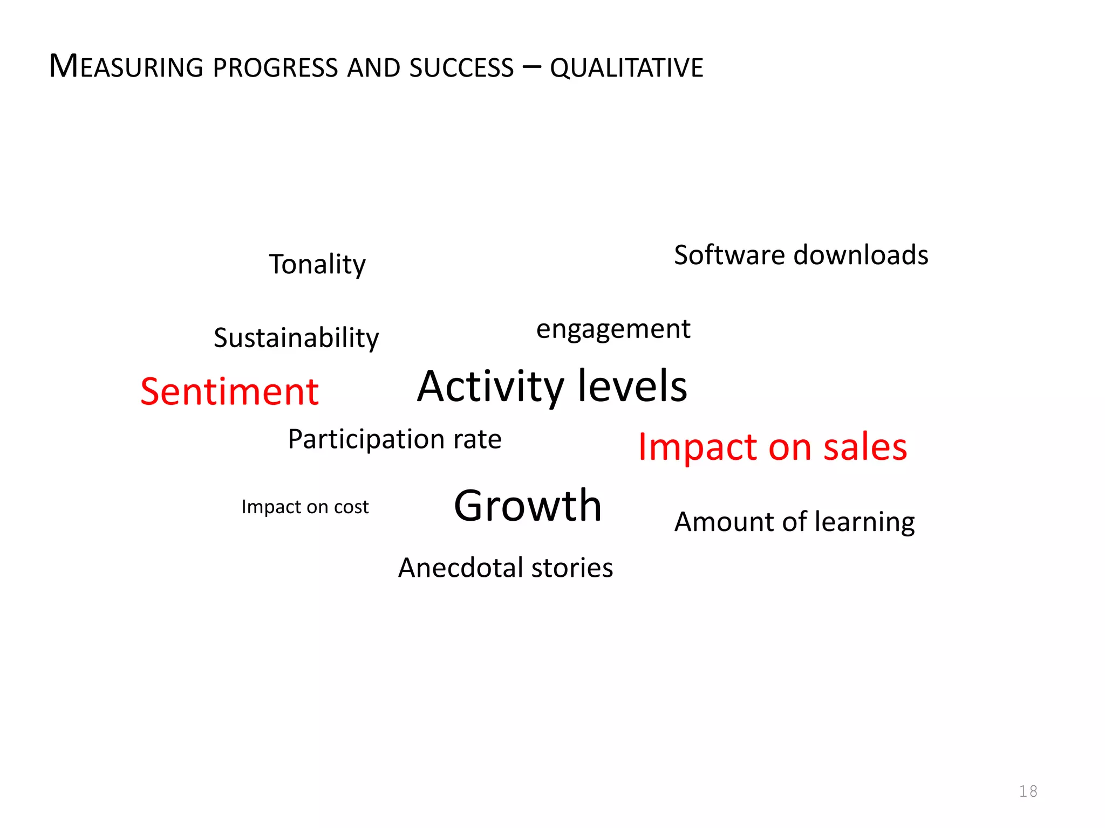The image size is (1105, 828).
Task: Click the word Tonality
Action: coord(317,265)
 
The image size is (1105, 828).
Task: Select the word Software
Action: coord(728,255)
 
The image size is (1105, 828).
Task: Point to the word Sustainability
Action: coord(296,339)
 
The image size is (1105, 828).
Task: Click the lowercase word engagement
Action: coord(613,329)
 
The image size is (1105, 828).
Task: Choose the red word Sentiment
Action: coord(229,391)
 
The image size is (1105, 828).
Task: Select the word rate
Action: coord(478,440)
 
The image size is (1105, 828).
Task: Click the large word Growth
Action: coord(528,506)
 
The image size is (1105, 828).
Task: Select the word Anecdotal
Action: coord(460,568)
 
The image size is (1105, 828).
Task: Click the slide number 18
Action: coord(1028,791)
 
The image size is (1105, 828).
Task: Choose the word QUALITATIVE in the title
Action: coord(626,68)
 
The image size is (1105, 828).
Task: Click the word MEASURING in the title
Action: coord(126,67)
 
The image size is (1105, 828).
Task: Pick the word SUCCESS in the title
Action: coord(461,68)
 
